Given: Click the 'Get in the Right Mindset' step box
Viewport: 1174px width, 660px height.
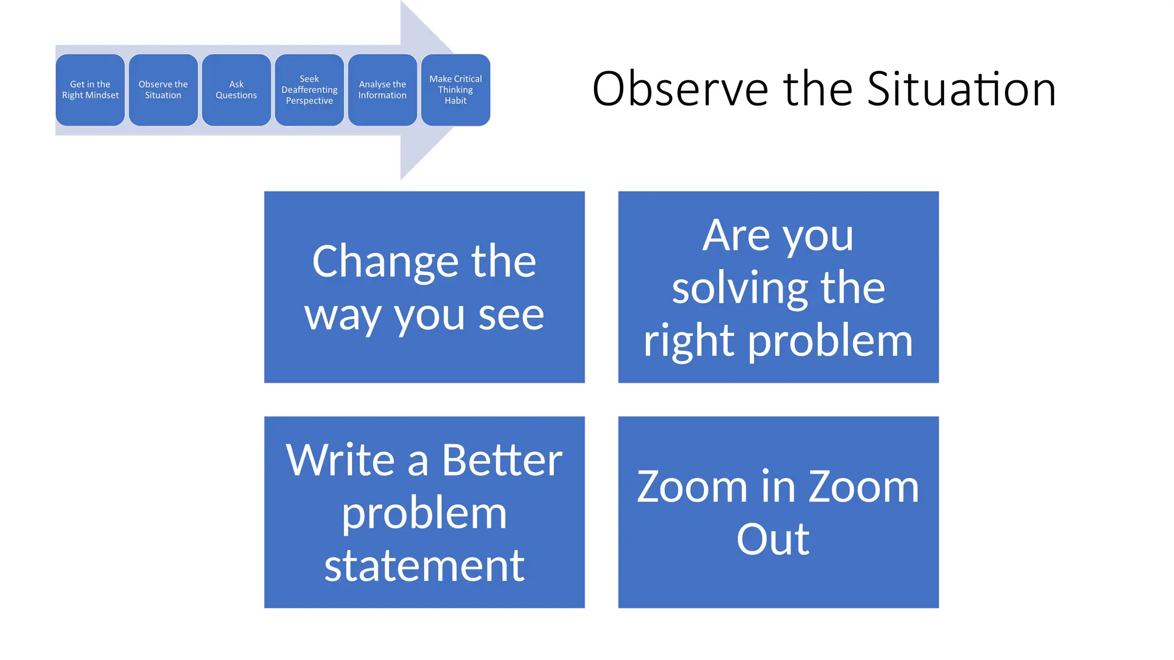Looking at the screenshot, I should coord(90,90).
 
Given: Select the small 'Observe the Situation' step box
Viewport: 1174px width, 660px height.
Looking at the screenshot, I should coord(163,90).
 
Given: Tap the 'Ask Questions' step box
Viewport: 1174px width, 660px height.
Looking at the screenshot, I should coord(236,90).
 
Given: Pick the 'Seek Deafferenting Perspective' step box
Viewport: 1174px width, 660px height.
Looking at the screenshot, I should coord(310,90).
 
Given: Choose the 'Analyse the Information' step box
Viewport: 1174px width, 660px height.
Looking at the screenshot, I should coord(382,90).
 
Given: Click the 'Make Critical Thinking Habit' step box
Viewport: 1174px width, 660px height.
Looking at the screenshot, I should coord(456,90).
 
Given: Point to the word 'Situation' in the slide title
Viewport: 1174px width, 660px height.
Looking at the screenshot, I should coord(961,89).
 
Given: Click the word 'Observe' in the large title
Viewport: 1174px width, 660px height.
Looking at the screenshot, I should coord(680,89).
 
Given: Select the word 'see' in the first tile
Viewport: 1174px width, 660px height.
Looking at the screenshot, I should coord(511,315).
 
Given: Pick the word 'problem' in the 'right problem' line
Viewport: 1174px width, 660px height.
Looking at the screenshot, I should coord(831,341).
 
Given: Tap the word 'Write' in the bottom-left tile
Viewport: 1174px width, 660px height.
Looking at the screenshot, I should coord(341,460).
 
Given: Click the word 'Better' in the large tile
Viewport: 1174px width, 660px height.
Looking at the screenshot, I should coord(502,460).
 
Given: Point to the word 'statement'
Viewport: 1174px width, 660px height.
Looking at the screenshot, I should coord(424,566).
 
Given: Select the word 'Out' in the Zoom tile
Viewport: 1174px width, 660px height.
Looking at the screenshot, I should coord(773,540).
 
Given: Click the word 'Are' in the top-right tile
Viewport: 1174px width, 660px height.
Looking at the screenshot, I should coord(736,235).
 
